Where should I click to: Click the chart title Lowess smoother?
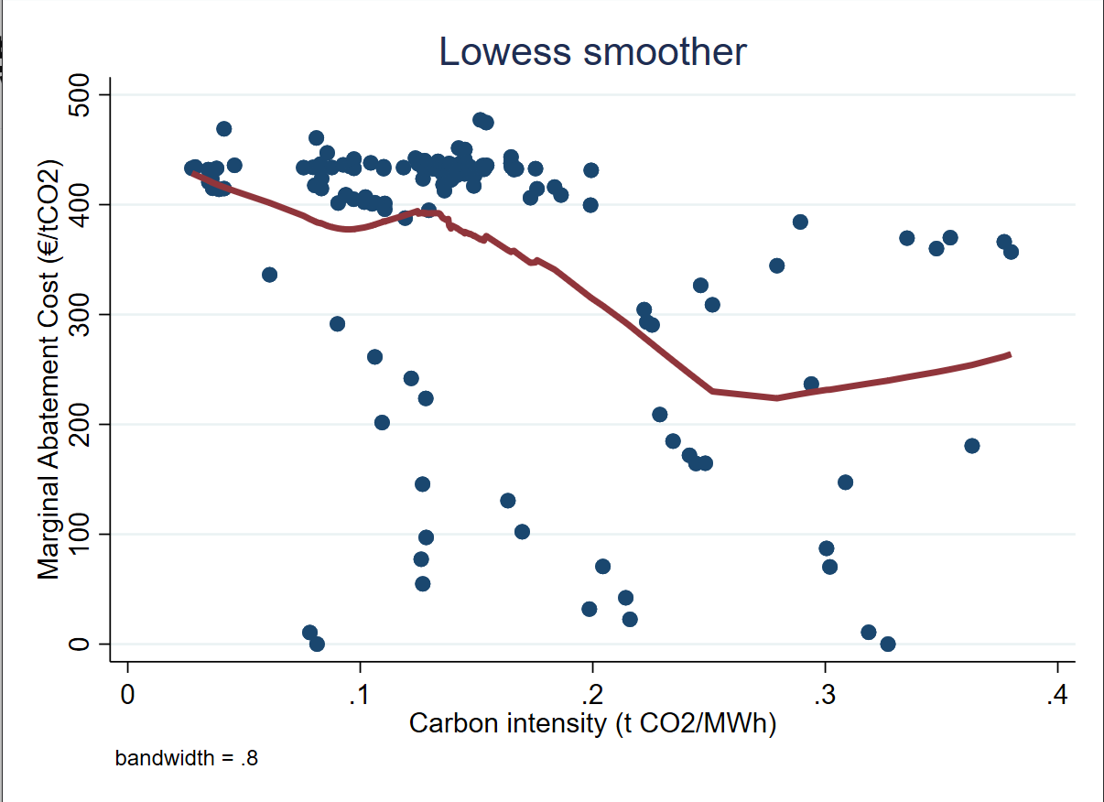coord(592,52)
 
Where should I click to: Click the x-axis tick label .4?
coord(1057,693)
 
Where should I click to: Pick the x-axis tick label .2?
coord(592,693)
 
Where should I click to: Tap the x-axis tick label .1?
coord(360,693)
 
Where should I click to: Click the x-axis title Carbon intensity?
coord(592,723)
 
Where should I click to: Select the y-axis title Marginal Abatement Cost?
coord(49,369)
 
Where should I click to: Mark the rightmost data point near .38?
coord(1011,252)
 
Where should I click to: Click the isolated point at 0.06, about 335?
coord(269,275)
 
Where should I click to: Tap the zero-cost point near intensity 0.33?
coord(887,644)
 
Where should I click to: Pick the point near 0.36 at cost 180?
coord(972,446)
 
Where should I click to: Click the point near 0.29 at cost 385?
coord(800,222)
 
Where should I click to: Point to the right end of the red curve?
coord(1010,354)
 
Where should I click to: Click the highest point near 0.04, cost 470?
coord(223,128)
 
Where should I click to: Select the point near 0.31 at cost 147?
coord(845,482)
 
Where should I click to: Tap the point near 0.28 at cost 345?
coord(777,266)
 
